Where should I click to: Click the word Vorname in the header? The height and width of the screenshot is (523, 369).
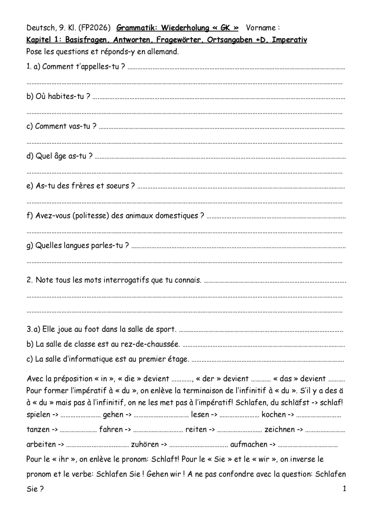(261, 28)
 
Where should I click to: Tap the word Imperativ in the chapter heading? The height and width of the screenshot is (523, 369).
(289, 40)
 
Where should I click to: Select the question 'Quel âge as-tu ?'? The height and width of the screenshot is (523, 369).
(59, 156)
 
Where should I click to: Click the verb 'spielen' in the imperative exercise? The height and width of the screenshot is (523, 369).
(38, 415)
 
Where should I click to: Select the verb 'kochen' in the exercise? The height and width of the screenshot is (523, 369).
(273, 415)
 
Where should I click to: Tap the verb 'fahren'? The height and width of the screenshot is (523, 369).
(111, 429)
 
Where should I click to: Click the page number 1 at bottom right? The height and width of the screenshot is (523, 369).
(344, 489)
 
